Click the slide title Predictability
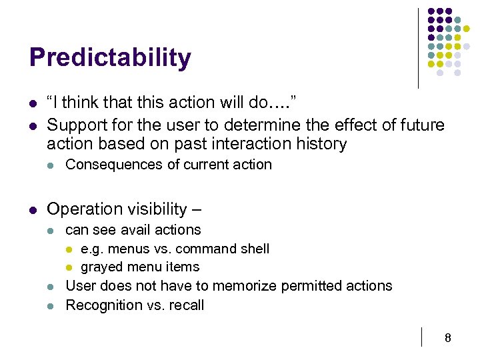tap(110, 58)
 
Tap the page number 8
tap(448, 339)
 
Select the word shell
tap(253, 249)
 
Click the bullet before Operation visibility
tap(33, 210)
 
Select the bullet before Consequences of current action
tap(51, 165)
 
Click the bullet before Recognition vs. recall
tap(51, 306)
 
